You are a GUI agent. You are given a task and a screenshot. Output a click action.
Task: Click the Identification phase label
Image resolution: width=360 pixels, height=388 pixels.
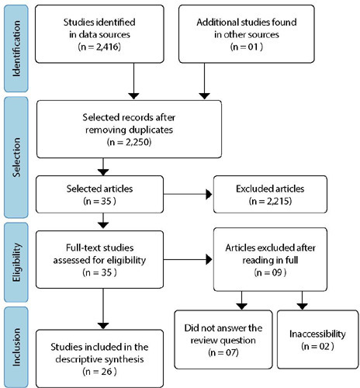(x=16, y=48)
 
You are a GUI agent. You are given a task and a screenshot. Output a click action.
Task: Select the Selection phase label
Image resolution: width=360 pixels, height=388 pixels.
(x=16, y=158)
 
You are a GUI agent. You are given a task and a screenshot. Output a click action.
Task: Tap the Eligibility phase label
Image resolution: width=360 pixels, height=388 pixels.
(x=16, y=262)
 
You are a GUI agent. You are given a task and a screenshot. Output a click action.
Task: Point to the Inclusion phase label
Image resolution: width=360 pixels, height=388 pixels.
(x=16, y=347)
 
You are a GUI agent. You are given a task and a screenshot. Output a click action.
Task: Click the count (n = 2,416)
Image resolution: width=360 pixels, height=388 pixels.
(x=99, y=47)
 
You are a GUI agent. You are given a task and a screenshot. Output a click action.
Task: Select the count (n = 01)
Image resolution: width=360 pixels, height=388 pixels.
(x=247, y=47)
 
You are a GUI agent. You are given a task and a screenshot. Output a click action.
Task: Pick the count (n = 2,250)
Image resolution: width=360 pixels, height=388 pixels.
(x=129, y=142)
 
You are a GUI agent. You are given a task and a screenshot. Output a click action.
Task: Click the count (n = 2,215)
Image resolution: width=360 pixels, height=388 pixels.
(x=270, y=201)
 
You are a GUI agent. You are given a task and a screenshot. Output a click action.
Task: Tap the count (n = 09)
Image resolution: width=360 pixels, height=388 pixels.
(x=270, y=272)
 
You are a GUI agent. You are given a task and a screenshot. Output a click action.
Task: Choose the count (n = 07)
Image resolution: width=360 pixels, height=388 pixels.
(x=223, y=352)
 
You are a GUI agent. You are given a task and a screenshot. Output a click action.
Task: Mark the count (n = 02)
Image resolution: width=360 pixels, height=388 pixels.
(x=317, y=346)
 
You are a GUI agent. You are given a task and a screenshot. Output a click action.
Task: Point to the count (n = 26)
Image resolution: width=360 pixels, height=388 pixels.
(x=99, y=372)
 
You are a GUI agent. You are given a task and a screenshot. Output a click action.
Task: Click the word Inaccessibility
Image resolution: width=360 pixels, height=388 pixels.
(x=317, y=334)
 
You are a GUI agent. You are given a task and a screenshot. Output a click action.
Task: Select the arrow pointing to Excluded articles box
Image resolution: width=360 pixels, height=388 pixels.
(x=188, y=194)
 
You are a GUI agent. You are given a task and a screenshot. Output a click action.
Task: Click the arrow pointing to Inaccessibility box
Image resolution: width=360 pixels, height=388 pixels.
(x=302, y=300)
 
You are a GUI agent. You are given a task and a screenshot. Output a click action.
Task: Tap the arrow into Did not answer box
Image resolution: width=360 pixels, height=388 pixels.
(x=242, y=300)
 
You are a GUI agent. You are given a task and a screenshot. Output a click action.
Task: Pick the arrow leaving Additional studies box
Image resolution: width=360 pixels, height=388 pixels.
(x=205, y=81)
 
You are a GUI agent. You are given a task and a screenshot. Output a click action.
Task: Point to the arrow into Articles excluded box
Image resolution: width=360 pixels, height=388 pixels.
(x=188, y=259)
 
